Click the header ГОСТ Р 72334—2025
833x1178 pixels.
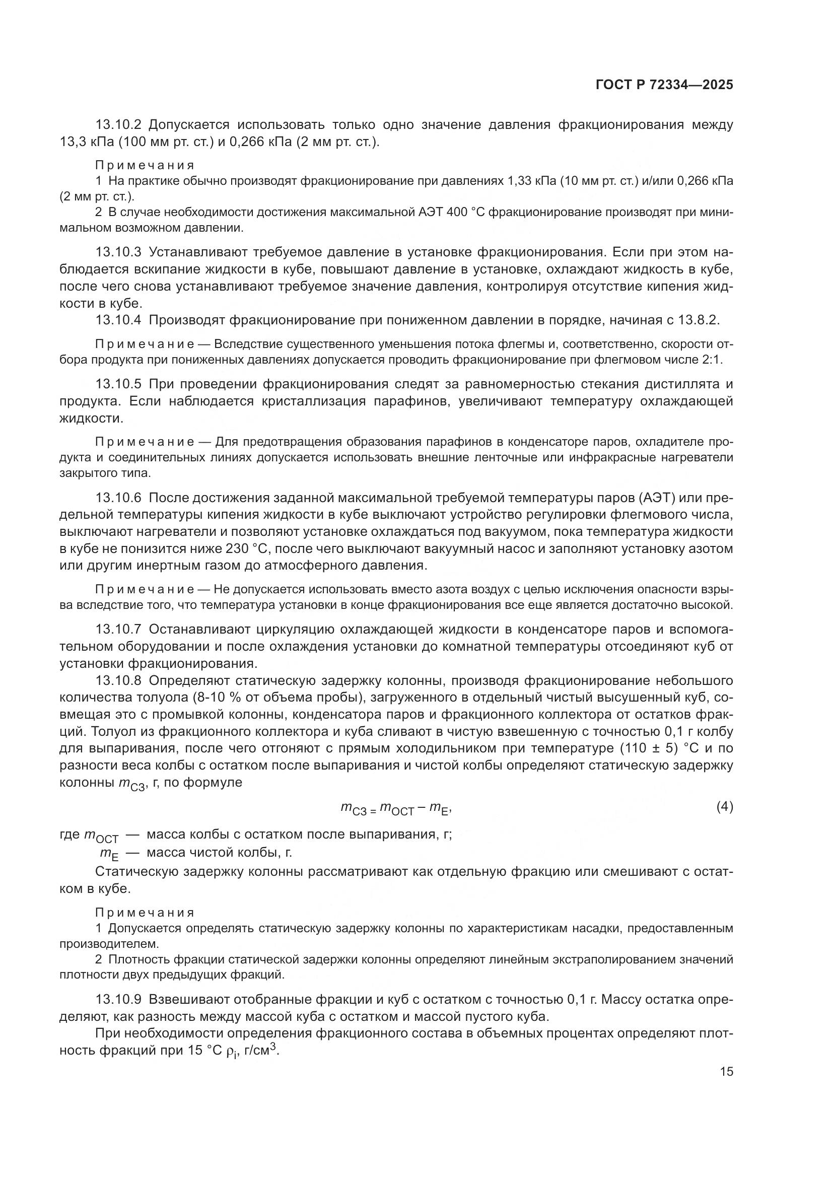pyautogui.click(x=664, y=85)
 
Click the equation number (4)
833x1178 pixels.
pyautogui.click(x=724, y=806)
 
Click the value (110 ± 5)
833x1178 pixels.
pyautogui.click(x=648, y=748)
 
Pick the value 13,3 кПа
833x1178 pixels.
pyautogui.click(x=86, y=142)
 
